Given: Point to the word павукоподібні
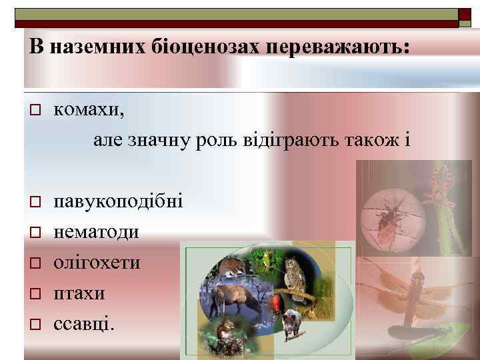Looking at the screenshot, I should coord(118,201).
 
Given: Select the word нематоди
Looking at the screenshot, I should coord(96,232).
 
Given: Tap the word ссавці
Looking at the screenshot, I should coord(84,324).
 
